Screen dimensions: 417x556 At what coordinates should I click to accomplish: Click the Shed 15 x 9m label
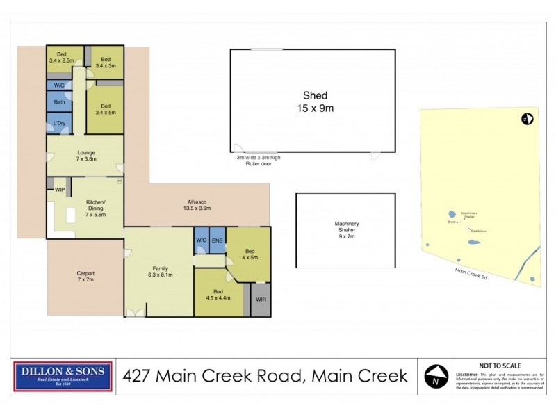pos(314,101)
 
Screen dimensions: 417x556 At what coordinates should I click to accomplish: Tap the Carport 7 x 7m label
pos(85,277)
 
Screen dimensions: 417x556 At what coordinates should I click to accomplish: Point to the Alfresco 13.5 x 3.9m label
pos(197,206)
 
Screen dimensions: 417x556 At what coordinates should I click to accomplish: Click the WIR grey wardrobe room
pos(260,300)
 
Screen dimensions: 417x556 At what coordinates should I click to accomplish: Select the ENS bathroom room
pos(217,240)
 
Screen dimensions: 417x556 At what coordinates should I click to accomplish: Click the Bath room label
pos(60,101)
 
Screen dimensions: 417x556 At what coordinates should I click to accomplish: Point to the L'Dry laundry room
pos(59,124)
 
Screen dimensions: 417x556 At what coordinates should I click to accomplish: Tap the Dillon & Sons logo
pos(63,376)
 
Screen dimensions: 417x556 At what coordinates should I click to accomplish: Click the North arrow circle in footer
pos(434,377)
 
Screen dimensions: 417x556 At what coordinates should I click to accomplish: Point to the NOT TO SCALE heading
pos(499,366)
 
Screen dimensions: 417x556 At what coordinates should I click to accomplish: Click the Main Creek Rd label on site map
pos(470,273)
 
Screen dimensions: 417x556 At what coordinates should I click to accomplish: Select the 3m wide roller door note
pos(257,161)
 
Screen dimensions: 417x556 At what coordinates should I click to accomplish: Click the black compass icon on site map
pos(526,119)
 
